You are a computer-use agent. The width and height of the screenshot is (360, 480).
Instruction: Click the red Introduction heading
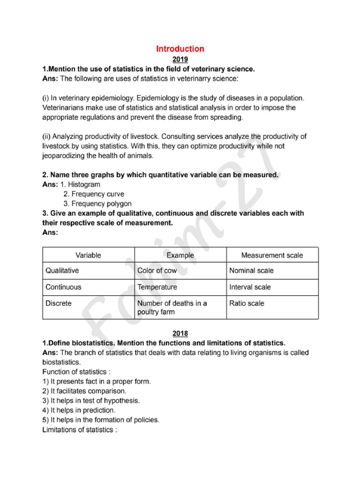pyautogui.click(x=180, y=49)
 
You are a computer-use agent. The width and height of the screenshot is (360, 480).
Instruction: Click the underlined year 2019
pyautogui.click(x=180, y=60)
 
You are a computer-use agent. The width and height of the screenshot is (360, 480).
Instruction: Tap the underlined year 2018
pyautogui.click(x=180, y=333)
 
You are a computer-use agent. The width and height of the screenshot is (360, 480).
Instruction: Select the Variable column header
pyautogui.click(x=88, y=255)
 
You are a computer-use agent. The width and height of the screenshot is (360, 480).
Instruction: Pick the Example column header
pyautogui.click(x=180, y=255)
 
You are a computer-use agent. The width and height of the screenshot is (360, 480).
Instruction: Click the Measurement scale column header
pyautogui.click(x=272, y=255)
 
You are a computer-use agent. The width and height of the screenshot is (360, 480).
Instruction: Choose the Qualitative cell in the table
pyautogui.click(x=62, y=270)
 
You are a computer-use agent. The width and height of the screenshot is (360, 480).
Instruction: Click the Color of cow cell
pyautogui.click(x=157, y=270)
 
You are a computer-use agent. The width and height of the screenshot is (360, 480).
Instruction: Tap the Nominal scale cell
pyautogui.click(x=251, y=270)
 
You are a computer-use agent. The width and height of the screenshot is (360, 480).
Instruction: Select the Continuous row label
pyautogui.click(x=63, y=287)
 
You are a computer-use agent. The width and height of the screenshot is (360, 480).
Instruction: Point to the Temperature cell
pyautogui.click(x=157, y=287)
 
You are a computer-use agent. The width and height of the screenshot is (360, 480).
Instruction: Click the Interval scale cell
pyautogui.click(x=250, y=287)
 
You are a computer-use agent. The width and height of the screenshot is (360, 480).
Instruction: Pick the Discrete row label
pyautogui.click(x=59, y=303)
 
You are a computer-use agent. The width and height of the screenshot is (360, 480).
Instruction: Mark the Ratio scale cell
pyautogui.click(x=247, y=303)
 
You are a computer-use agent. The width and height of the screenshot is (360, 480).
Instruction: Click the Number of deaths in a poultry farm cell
pyautogui.click(x=172, y=307)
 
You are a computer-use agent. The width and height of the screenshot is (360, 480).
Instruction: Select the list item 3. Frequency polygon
pyautogui.click(x=97, y=204)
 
